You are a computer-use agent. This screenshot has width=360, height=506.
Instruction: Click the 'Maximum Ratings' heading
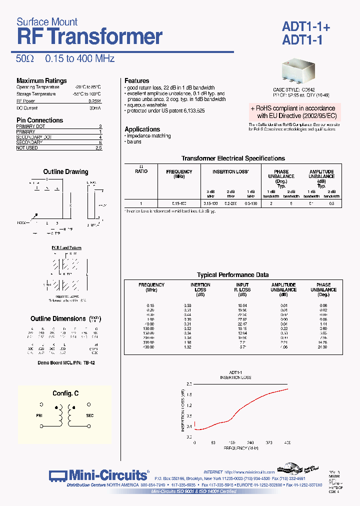[41, 80]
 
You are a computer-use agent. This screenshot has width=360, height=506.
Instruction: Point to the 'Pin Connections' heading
[40, 120]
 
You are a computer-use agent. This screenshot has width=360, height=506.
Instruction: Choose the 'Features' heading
[137, 80]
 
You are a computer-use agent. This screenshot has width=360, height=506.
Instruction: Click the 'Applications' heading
[142, 129]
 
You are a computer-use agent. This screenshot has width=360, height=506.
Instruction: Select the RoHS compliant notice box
[294, 112]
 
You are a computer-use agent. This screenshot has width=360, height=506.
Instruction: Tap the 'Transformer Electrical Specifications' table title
[233, 158]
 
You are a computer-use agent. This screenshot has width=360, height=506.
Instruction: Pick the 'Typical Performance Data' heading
[232, 275]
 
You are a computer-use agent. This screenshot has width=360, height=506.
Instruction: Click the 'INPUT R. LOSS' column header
[243, 287]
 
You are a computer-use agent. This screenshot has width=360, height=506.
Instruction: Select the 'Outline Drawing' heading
[65, 171]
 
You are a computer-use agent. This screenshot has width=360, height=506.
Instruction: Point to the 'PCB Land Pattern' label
[66, 248]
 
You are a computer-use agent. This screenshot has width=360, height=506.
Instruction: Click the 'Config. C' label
[65, 393]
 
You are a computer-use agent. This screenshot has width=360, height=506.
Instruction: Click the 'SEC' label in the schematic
[90, 415]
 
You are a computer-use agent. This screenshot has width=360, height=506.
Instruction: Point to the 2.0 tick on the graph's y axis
[189, 383]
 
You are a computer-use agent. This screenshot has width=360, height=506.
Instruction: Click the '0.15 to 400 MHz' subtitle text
[79, 58]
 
